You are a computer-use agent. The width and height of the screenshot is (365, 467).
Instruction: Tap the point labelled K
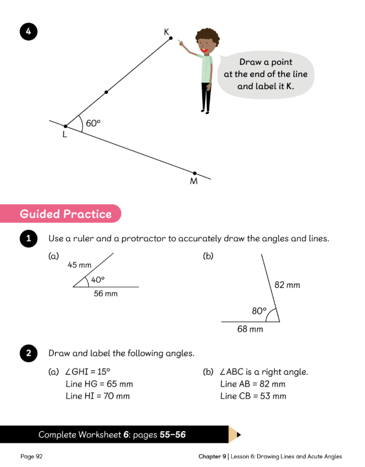tap(171, 39)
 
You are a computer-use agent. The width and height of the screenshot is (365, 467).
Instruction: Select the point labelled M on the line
tap(195, 173)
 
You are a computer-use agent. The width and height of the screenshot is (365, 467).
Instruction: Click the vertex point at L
tap(65, 126)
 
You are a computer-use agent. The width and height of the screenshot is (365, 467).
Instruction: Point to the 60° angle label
tap(93, 123)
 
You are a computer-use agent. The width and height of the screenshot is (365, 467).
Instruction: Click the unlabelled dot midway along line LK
tap(105, 92)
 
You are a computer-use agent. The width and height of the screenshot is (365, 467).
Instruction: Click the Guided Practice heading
tap(65, 214)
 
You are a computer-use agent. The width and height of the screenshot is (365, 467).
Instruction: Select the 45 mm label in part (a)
tap(80, 265)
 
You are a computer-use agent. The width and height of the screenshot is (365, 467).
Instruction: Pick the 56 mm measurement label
tap(105, 294)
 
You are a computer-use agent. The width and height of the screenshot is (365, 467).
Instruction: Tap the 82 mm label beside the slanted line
tap(287, 285)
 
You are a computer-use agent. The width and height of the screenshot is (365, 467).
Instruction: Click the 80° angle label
tap(259, 311)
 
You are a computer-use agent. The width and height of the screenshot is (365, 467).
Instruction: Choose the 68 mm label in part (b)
tap(250, 329)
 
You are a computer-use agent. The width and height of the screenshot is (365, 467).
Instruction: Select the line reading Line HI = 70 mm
tap(98, 396)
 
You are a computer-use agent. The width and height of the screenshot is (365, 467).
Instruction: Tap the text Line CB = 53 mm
tap(253, 396)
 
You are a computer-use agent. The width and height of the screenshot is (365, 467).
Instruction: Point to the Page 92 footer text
tap(32, 457)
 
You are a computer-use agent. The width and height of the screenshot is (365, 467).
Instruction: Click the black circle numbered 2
tap(28, 353)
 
